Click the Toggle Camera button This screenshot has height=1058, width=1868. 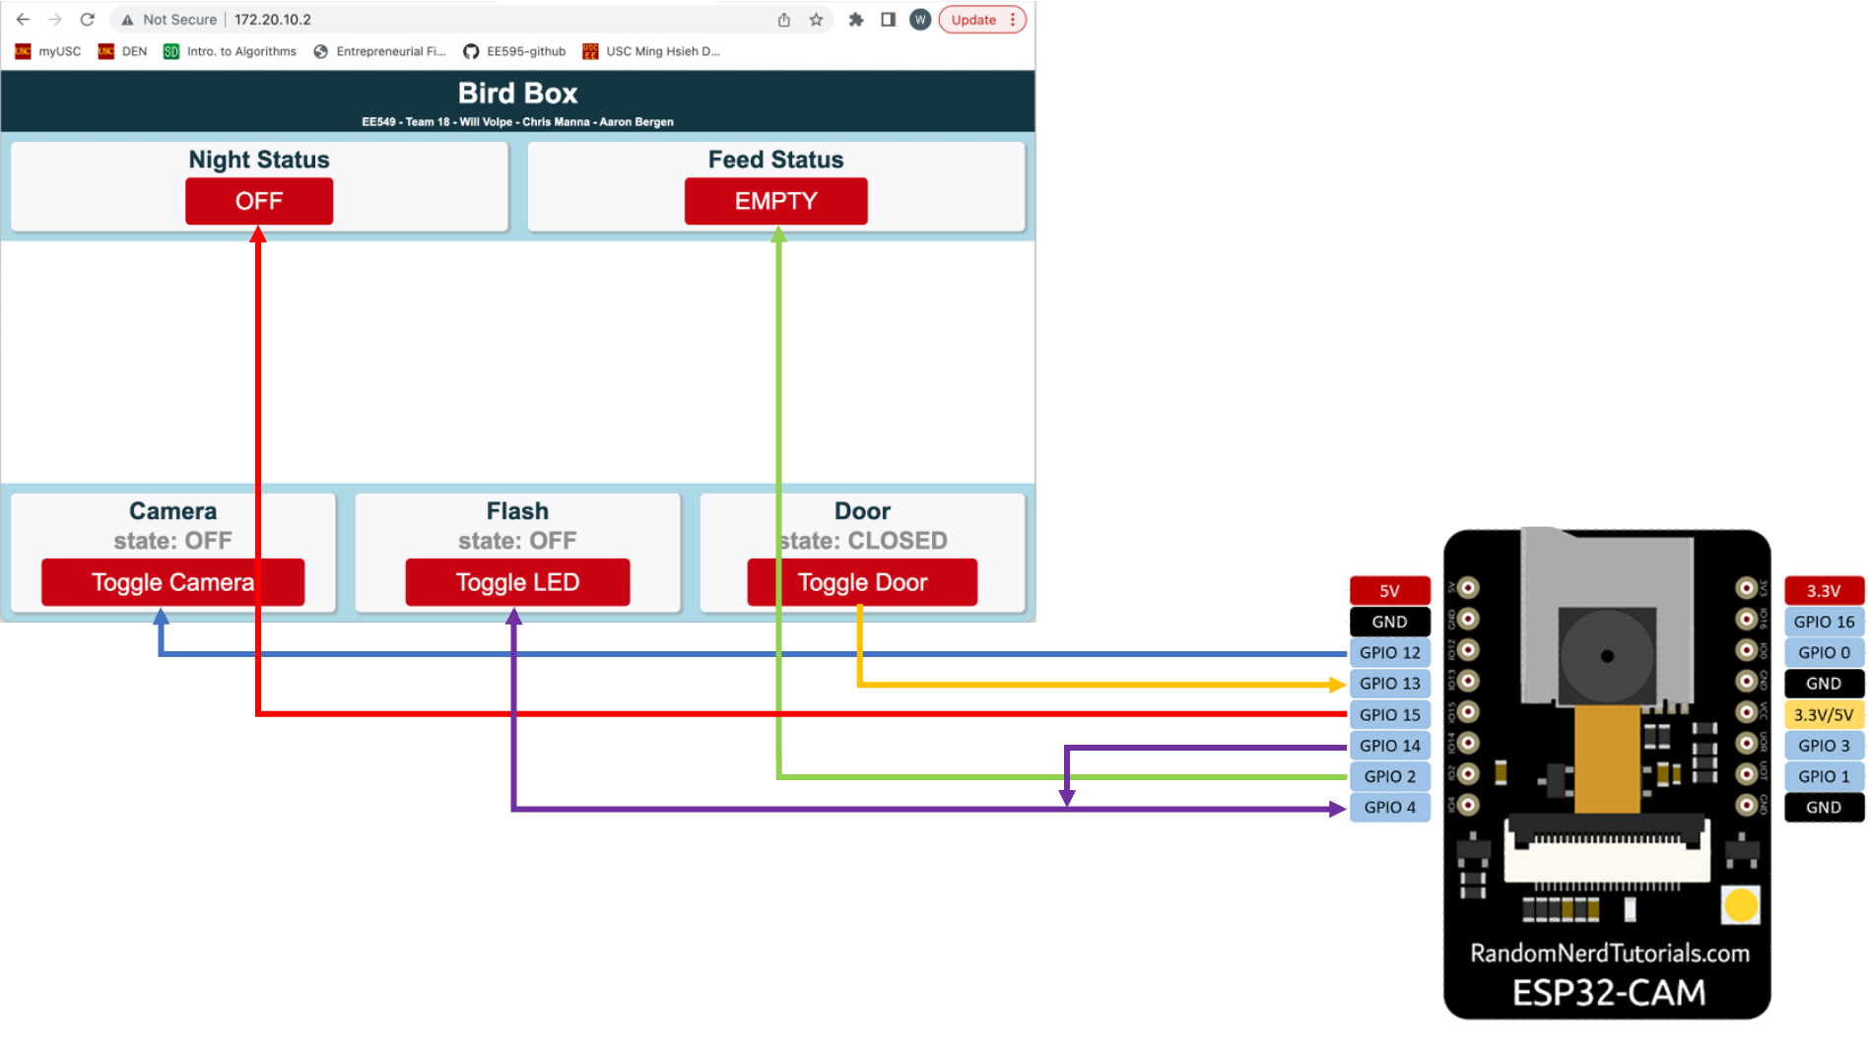[x=172, y=582]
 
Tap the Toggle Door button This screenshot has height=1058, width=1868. [x=862, y=582]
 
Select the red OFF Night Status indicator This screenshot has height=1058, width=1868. [x=259, y=201]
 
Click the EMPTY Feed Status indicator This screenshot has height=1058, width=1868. [x=775, y=201]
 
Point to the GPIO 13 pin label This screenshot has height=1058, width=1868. [x=1389, y=684]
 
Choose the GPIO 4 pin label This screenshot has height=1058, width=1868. [x=1389, y=808]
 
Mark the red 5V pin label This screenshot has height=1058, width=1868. [x=1389, y=591]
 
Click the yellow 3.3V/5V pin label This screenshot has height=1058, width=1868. [x=1823, y=715]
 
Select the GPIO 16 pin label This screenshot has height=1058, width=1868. [x=1823, y=623]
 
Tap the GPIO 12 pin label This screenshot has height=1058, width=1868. [x=1389, y=653]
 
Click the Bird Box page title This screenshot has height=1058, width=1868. [x=517, y=94]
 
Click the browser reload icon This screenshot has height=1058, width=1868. [x=88, y=20]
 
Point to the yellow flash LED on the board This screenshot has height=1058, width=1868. [x=1740, y=904]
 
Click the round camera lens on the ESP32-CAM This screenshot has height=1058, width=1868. [x=1607, y=656]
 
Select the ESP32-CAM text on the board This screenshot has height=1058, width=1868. [x=1608, y=992]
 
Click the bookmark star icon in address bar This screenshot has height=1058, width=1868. [x=816, y=20]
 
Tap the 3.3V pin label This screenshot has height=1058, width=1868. [x=1823, y=591]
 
